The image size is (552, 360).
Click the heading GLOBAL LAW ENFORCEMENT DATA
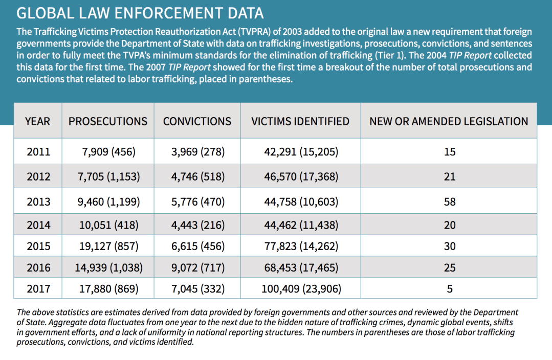pyautogui.click(x=140, y=13)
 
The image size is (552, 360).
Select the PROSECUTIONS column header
pyautogui.click(x=108, y=121)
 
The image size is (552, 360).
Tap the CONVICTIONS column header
pyautogui.click(x=197, y=121)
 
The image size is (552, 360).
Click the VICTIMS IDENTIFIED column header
pyautogui.click(x=300, y=121)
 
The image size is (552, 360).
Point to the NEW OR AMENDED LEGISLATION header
pyautogui.click(x=449, y=121)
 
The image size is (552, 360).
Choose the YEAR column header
pyautogui.click(x=37, y=121)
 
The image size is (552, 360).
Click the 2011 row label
pyautogui.click(x=38, y=152)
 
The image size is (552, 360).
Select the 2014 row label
pyautogui.click(x=38, y=225)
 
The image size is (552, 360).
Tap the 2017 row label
pyautogui.click(x=38, y=289)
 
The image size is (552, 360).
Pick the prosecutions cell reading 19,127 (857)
pyautogui.click(x=108, y=246)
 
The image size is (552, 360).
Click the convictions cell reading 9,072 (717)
pyautogui.click(x=197, y=267)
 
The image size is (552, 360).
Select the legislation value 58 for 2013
pyautogui.click(x=450, y=201)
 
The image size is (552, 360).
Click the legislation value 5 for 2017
pyautogui.click(x=450, y=289)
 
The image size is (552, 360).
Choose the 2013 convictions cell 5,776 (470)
pyautogui.click(x=197, y=201)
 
